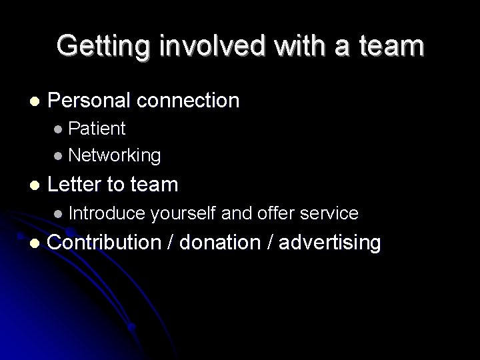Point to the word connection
click(190, 101)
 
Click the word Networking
click(114, 155)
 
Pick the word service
click(329, 213)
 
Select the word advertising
click(330, 243)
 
